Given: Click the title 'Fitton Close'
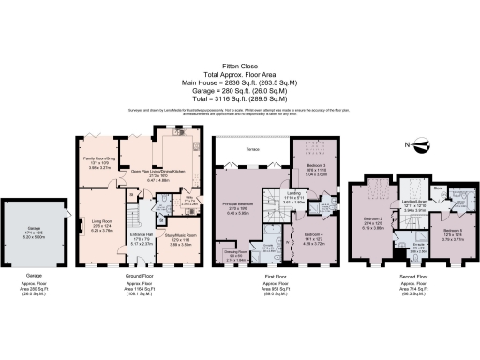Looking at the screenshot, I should pos(239,67).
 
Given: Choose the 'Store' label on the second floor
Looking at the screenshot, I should pos(450,187).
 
